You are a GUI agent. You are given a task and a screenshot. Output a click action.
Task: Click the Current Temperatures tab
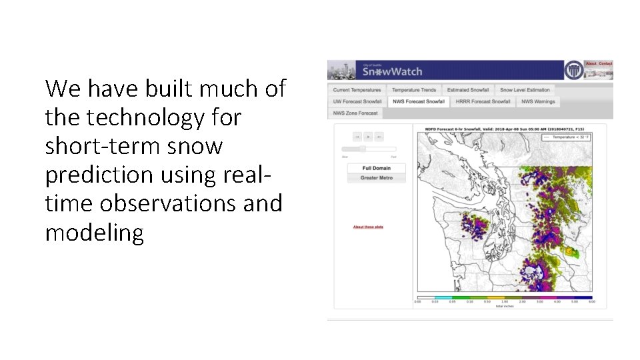tap(357, 90)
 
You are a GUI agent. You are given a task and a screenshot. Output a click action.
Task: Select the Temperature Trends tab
tap(414, 90)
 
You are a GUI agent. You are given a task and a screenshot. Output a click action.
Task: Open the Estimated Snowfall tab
tap(468, 90)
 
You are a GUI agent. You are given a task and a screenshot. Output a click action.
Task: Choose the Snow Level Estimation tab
tap(525, 90)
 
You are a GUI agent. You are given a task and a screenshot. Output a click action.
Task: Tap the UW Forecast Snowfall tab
tap(357, 101)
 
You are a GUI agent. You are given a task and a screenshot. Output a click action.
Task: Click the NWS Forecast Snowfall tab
tap(419, 101)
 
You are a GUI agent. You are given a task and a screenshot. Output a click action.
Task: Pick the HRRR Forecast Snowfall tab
tap(483, 101)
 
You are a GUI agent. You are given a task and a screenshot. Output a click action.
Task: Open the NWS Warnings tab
tap(537, 101)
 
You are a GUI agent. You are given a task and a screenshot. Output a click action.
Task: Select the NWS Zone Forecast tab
tap(355, 113)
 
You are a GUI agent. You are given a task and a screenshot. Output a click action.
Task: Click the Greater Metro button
tap(376, 178)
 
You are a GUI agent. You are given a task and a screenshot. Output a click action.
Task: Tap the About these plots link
tap(368, 227)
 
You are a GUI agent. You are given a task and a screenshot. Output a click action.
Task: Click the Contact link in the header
tap(605, 64)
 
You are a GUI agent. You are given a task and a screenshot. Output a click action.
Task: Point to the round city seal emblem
tap(573, 70)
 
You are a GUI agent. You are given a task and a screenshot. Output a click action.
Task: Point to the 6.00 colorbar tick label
tap(591, 302)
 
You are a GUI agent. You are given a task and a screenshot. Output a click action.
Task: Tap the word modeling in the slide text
tap(94, 233)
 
